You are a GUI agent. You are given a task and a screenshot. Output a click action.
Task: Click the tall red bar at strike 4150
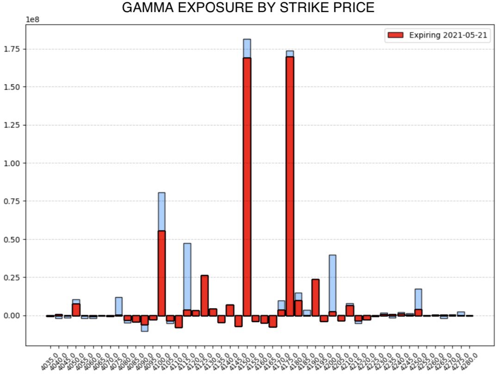247,185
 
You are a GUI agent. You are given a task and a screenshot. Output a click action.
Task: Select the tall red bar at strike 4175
290,185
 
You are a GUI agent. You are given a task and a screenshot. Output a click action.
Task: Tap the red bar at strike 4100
162,273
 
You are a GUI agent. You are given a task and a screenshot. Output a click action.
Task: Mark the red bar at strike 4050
76,310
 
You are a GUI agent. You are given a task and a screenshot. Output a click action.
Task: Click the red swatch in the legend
395,35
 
